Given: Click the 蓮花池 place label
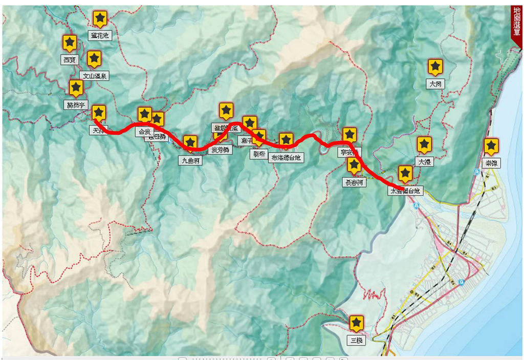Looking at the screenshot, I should point(100,35).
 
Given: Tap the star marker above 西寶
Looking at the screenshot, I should point(70,43).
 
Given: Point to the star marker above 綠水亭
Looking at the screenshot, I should point(76,88).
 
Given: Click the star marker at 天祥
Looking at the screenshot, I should point(99,113).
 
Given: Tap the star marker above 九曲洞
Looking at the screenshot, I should point(190,143).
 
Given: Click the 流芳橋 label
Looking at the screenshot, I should point(220,150).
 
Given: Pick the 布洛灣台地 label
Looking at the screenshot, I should point(287,158).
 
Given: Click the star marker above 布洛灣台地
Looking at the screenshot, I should point(286,140).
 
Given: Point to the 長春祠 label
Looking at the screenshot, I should point(354,182).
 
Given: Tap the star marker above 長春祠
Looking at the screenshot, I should point(354,164).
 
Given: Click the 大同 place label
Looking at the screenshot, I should point(435,84).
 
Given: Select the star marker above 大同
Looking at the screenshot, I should point(435,67).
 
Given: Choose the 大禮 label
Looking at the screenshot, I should point(425,162).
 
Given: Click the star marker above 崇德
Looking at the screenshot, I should point(491,146).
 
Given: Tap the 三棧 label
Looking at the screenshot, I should point(356,340).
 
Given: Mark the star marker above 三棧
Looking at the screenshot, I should point(356,323).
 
